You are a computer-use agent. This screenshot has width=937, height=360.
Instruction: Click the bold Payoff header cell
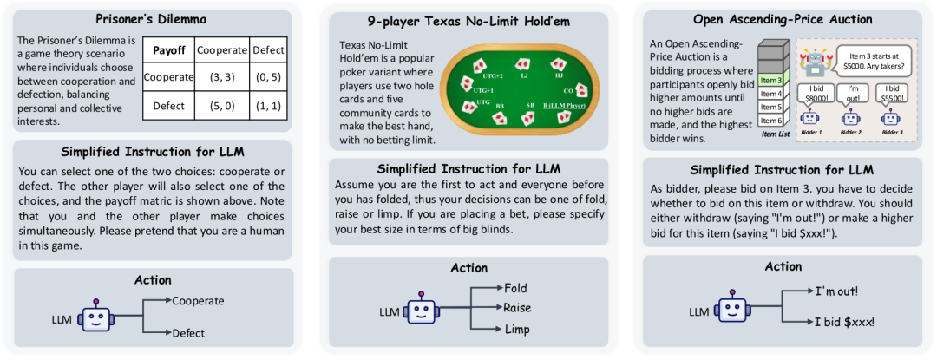point(167,50)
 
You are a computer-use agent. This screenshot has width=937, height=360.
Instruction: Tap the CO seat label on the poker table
point(568,89)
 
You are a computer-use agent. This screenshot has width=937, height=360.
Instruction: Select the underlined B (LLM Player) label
point(565,105)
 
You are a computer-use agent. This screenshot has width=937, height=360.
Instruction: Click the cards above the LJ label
point(523,64)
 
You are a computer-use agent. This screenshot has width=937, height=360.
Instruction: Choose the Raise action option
point(517,308)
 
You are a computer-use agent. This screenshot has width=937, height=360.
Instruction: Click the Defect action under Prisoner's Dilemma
point(189,332)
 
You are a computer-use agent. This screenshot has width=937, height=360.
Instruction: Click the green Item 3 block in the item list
point(770,81)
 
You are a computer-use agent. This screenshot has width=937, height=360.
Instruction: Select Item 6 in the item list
point(770,120)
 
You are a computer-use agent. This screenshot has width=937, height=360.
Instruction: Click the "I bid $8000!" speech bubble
point(815,93)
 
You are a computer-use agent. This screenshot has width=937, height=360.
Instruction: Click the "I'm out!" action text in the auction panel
point(839,291)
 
